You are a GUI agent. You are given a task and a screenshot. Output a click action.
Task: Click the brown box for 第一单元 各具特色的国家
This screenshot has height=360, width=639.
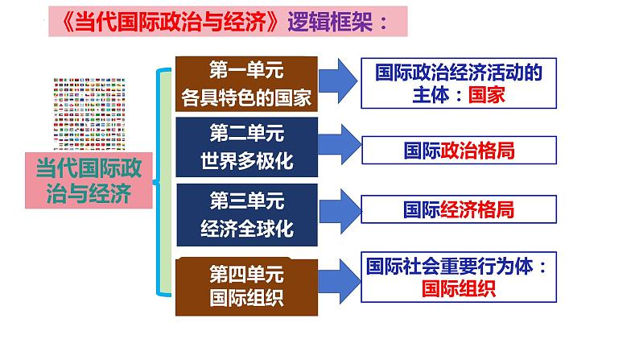click(246, 84)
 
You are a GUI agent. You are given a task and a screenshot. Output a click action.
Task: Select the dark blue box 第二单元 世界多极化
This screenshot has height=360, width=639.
click(246, 147)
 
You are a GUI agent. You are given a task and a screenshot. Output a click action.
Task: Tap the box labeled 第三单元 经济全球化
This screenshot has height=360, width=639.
click(247, 215)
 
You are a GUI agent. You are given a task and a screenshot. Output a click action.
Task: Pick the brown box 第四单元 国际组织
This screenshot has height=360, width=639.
click(246, 287)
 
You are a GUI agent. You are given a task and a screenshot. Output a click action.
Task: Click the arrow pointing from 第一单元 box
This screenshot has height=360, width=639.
click(338, 81)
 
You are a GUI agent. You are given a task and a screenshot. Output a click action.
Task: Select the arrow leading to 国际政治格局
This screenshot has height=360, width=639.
click(340, 144)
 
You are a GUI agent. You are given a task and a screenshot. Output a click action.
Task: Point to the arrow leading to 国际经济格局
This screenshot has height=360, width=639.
click(340, 211)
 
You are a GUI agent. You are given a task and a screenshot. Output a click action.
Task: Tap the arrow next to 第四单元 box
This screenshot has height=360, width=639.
click(339, 281)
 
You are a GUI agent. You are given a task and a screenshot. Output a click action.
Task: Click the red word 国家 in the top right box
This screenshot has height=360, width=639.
click(487, 94)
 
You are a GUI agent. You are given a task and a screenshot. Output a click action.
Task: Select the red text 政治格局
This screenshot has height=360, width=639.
click(477, 151)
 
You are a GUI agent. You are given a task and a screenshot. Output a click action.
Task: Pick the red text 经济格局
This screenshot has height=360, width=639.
click(477, 209)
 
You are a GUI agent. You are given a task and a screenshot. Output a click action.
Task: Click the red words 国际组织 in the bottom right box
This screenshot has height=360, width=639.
click(459, 288)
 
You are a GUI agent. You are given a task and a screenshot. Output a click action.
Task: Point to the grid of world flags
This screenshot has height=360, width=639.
click(89, 114)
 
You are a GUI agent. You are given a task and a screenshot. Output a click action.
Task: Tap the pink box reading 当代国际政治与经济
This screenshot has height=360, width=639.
click(89, 180)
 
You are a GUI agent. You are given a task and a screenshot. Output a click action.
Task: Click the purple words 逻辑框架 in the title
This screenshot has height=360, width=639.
click(330, 21)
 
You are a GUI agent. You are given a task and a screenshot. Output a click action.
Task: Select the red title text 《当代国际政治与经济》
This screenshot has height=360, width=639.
click(171, 21)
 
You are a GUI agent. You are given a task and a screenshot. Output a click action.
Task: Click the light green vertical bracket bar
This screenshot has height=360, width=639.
click(164, 182)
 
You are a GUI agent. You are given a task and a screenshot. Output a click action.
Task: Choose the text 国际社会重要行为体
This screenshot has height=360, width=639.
click(450, 267)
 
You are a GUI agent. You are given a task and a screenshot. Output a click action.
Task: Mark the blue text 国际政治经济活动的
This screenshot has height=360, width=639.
click(459, 72)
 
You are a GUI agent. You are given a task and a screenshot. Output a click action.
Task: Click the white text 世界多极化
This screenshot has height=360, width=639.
click(247, 160)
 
